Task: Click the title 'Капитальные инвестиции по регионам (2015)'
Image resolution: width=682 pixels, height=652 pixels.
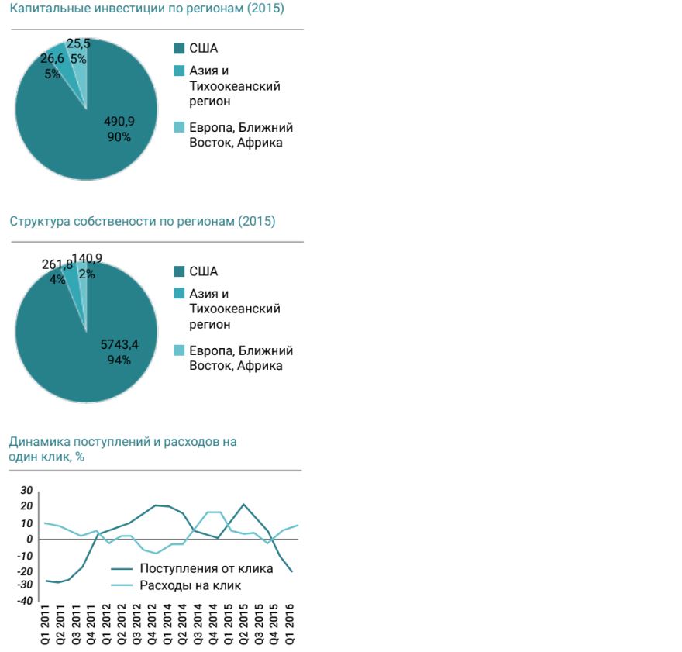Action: (x=146, y=9)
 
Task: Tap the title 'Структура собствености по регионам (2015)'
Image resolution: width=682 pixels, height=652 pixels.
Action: (x=143, y=221)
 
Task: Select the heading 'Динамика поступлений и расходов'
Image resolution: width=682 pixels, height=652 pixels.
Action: (x=122, y=442)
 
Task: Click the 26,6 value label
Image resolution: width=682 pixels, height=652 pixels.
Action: (x=53, y=58)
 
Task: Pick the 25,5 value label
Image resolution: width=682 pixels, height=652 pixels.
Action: (x=78, y=44)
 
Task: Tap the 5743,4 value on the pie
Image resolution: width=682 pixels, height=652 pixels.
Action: (x=119, y=344)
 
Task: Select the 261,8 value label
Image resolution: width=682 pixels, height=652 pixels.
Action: (x=57, y=265)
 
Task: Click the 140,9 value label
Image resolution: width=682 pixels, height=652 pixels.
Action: (x=87, y=259)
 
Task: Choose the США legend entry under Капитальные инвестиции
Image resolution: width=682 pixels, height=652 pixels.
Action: (x=203, y=48)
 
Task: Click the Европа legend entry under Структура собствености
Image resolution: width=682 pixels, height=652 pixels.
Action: (x=240, y=358)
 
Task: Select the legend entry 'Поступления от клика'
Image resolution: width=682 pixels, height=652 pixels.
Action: (x=206, y=568)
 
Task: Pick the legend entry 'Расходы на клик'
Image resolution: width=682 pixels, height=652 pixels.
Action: (x=191, y=585)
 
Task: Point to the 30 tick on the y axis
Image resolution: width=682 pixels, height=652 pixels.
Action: (x=27, y=490)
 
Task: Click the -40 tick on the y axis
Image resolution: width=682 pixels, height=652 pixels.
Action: (x=26, y=601)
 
